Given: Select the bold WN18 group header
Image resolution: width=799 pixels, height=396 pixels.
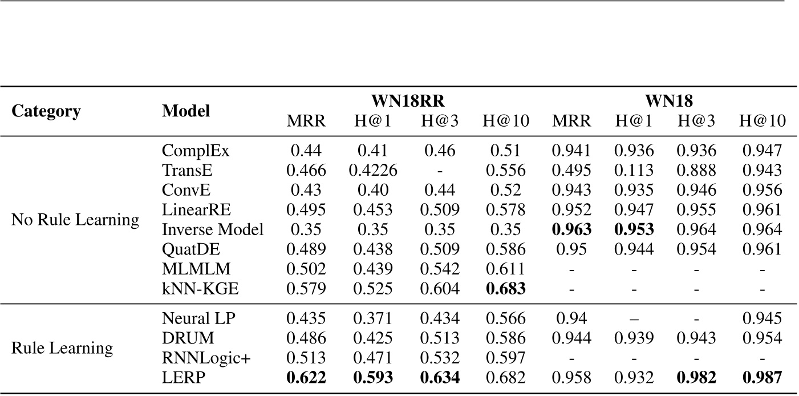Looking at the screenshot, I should point(669,100).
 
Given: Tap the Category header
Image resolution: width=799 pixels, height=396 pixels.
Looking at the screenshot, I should point(46,111).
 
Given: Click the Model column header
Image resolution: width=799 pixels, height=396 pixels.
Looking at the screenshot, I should point(186,111).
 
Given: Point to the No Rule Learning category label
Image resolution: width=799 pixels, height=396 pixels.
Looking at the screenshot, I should point(75,220).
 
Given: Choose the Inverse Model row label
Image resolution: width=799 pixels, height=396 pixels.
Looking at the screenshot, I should point(213,230).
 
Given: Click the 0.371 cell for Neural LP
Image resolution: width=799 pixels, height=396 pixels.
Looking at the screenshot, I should point(373,318).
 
